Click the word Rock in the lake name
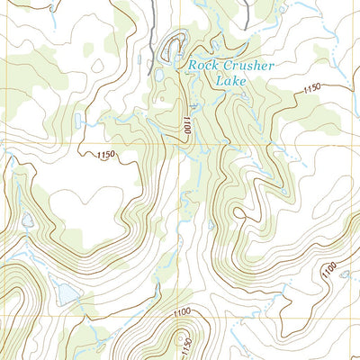point(202,65)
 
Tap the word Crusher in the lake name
point(245,65)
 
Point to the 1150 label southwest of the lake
point(105,156)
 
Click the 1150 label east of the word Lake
point(311,88)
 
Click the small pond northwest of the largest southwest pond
point(27,220)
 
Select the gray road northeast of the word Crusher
point(247,13)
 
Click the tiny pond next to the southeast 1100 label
point(345,274)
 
